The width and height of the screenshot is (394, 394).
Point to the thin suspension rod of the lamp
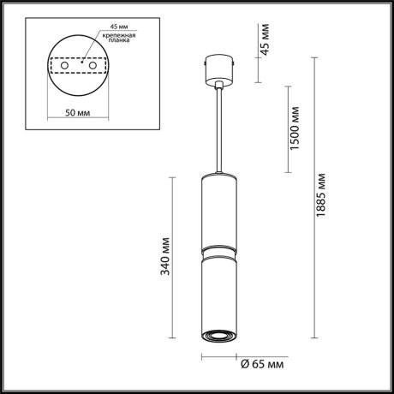(x=218, y=128)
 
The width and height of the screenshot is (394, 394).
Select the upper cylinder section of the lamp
(x=218, y=210)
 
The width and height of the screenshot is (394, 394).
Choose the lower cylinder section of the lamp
(x=218, y=291)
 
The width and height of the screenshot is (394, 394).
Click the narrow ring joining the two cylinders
(x=218, y=249)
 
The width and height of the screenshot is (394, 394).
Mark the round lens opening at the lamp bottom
(x=218, y=335)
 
